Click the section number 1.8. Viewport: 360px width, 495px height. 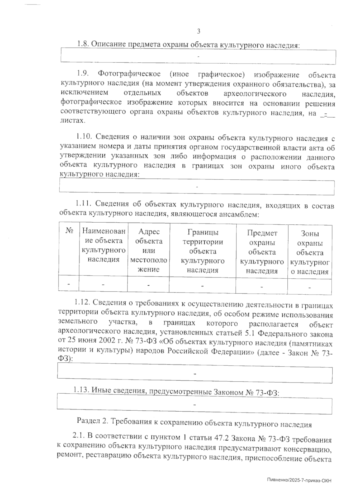coord(83,44)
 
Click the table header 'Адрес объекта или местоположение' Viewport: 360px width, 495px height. coord(149,250)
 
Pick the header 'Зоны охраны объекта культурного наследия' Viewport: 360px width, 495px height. coord(310,253)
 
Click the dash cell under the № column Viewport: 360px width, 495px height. coord(69,284)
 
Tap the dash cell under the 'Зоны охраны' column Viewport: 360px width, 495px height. coord(309,287)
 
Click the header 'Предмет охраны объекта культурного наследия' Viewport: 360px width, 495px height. coord(262,252)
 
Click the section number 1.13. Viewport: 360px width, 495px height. coord(81,390)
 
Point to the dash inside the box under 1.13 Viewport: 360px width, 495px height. coord(195,405)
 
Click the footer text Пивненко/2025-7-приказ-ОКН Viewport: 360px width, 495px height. coord(299,480)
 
